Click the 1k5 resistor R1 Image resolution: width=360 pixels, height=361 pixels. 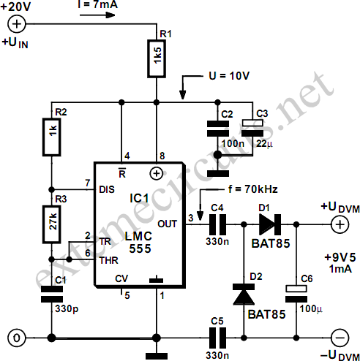pos(157,58)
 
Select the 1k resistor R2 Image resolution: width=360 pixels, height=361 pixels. pos(52,137)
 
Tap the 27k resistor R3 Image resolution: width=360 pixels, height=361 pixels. pos(52,224)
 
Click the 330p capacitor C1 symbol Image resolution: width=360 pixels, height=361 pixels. pos(52,294)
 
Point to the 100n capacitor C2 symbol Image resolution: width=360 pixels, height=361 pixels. pos(218,129)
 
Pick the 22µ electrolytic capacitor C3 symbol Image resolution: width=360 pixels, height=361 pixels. pos(252,128)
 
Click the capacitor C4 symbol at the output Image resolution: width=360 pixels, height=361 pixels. pos(218,224)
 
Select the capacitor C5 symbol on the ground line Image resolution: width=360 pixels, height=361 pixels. pos(218,338)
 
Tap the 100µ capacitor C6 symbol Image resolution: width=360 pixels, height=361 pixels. pos(296,294)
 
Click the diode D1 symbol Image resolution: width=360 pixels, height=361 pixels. pos(270,224)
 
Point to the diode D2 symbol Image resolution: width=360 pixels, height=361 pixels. pos(244,294)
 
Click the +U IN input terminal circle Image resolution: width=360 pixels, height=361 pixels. pos(17,24)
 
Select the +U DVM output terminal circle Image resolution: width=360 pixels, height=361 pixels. pos(340,224)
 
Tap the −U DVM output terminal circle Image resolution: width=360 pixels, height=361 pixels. pos(340,338)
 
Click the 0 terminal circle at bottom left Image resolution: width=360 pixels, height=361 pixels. pos(17,338)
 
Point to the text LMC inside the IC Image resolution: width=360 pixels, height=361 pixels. pos(138,236)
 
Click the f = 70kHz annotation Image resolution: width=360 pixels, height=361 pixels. pos(253,189)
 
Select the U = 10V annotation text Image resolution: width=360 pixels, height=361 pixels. pos(229,76)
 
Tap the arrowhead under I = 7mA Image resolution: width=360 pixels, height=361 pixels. pos(110,15)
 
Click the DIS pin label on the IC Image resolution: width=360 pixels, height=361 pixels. pos(107,189)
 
